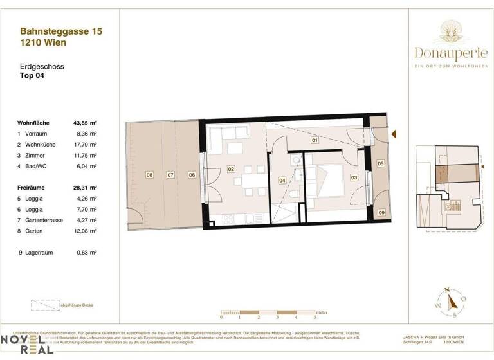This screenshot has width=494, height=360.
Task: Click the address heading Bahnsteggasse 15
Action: (x=61, y=30)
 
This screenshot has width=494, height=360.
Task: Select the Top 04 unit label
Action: (x=34, y=76)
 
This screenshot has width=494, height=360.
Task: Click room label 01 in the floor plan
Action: (x=315, y=139)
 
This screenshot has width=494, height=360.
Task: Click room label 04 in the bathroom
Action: (x=282, y=181)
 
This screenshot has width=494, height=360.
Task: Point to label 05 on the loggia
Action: (x=380, y=164)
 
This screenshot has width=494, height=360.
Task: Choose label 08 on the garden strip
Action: (x=149, y=174)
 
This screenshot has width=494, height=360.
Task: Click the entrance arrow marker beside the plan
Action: (x=394, y=133)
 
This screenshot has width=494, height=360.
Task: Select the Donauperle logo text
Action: (x=455, y=53)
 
